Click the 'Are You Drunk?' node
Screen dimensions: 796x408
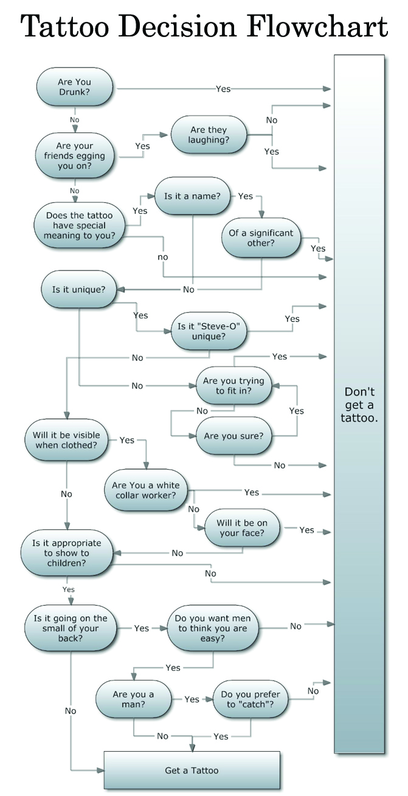75,87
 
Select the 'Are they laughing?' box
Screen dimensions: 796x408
209,135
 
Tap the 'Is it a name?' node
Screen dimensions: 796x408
192,196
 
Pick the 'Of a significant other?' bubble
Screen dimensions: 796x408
260,238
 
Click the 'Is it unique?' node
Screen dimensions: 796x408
78,289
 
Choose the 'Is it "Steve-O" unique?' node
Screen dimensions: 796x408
209,331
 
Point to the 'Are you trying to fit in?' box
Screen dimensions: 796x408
233,386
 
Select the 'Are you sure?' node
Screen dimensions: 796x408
233,436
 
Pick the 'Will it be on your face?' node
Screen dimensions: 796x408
242,528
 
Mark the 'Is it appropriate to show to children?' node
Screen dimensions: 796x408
66,553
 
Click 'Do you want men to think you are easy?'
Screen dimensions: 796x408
212,628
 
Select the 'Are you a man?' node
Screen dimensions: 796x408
133,699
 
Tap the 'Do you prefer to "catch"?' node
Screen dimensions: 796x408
251,699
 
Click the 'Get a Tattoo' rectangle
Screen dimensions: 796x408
192,770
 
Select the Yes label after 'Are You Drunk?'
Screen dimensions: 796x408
223,89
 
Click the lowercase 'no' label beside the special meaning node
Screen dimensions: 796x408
162,257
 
